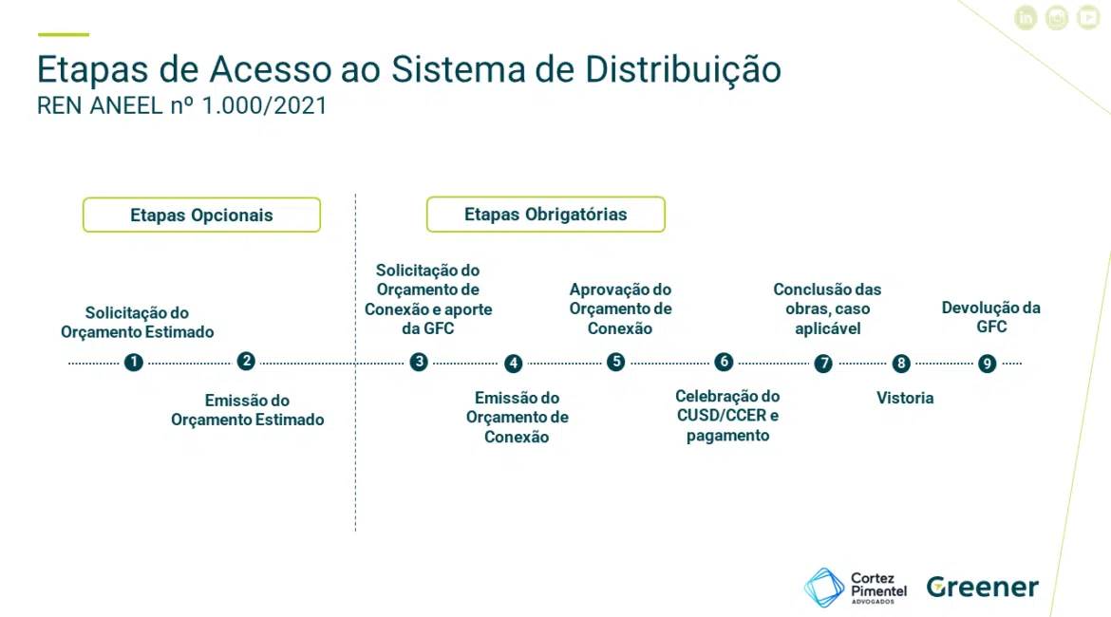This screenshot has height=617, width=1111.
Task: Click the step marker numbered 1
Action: tap(133, 363)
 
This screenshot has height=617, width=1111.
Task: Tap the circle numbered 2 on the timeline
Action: tap(246, 362)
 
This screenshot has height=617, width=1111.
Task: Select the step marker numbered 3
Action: tap(419, 362)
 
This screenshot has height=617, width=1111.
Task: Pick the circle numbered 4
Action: tap(513, 364)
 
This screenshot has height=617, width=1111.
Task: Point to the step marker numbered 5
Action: tap(615, 362)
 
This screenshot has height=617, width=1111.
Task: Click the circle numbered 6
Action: tap(724, 362)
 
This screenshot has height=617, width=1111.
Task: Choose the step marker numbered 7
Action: tap(823, 364)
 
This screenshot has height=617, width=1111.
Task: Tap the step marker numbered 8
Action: tap(900, 364)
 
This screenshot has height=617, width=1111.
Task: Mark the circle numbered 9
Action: tap(987, 364)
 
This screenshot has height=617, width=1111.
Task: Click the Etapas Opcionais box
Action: tap(201, 215)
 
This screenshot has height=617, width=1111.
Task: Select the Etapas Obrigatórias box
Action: tap(546, 214)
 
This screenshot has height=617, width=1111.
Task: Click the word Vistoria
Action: tap(905, 398)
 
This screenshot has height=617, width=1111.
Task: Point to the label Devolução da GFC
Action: tap(990, 317)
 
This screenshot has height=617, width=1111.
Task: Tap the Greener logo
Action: tap(983, 587)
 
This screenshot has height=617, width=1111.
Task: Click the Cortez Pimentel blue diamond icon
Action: tap(824, 588)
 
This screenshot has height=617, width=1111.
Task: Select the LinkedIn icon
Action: tap(1026, 18)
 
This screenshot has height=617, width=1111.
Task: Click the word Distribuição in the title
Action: tap(683, 70)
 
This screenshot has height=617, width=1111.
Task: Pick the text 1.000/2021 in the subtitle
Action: tap(264, 105)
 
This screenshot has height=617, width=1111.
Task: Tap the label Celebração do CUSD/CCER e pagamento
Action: tap(727, 416)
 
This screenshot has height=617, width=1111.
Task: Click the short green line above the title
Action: tap(64, 34)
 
